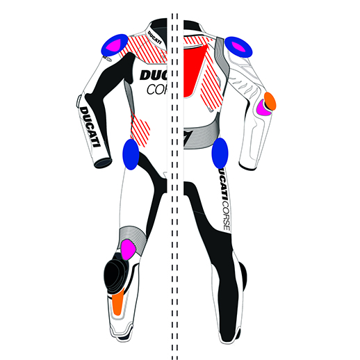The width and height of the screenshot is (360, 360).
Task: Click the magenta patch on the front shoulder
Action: tap(113, 45)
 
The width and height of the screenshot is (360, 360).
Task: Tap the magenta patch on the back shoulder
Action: tap(238, 47)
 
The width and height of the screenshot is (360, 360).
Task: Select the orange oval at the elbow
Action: tap(270, 101)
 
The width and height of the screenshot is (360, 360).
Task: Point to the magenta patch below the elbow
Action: tap(263, 108)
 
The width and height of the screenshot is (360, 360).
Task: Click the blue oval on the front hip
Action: tap(131, 154)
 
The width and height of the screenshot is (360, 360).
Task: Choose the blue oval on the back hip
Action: tap(220, 153)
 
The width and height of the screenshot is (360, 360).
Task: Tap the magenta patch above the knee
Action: tap(128, 249)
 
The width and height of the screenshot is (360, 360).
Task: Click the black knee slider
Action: tap(115, 275)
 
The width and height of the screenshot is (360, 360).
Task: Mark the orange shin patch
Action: tap(118, 302)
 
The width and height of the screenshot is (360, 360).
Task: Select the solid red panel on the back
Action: tap(194, 71)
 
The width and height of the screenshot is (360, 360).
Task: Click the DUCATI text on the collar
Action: tap(154, 38)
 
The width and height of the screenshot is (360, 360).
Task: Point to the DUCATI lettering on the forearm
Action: tap(90, 126)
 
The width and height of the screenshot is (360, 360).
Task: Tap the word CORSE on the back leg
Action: tap(226, 215)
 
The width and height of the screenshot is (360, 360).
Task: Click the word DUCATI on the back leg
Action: tap(222, 184)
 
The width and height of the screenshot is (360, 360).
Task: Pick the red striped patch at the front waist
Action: tap(140, 129)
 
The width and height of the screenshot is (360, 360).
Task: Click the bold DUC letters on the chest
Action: tap(154, 75)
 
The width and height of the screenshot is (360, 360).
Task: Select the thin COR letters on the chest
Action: tap(157, 90)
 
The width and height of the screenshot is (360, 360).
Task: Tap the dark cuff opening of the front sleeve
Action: tap(103, 163)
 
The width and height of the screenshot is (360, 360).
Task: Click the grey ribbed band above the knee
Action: tap(133, 238)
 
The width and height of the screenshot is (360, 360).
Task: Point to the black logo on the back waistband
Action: tap(187, 137)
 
